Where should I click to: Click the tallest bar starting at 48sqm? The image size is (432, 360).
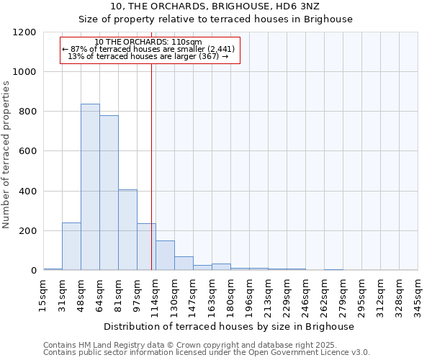click(x=90, y=187)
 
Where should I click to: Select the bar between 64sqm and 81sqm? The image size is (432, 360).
click(x=109, y=193)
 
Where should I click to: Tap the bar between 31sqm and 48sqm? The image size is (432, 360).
click(x=71, y=246)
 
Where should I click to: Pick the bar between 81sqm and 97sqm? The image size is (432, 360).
click(x=127, y=230)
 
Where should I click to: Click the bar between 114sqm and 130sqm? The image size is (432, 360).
click(x=165, y=256)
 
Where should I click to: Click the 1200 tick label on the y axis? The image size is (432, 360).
click(x=23, y=32)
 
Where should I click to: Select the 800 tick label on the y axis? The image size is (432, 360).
click(x=26, y=112)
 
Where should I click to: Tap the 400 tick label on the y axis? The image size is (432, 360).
click(x=26, y=192)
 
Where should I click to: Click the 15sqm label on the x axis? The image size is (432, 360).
click(x=43, y=294)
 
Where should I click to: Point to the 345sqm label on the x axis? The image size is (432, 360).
click(x=418, y=294)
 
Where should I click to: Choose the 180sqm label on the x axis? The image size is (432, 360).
click(x=230, y=294)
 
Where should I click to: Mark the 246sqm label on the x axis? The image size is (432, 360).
click(x=305, y=294)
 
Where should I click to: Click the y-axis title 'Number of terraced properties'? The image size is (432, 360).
click(x=6, y=154)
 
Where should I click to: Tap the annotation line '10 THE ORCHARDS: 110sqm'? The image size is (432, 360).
click(x=148, y=42)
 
